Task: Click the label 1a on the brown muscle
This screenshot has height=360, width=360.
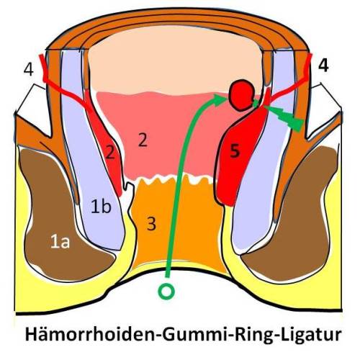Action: (x=60, y=243)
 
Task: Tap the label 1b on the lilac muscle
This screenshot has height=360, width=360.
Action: (x=101, y=207)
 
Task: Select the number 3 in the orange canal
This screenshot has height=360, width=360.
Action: (x=151, y=224)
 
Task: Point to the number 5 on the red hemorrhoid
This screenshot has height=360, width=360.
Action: (x=235, y=151)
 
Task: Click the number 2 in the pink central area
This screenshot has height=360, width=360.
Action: (x=143, y=140)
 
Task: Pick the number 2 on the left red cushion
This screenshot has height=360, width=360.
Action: (x=110, y=152)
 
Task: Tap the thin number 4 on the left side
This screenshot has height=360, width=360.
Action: (x=29, y=70)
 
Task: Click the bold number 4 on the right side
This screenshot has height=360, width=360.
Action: (x=323, y=65)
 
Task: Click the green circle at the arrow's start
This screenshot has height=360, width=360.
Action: (x=166, y=291)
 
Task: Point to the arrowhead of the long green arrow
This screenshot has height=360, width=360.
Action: (x=220, y=99)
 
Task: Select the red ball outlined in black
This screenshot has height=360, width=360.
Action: (x=241, y=95)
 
